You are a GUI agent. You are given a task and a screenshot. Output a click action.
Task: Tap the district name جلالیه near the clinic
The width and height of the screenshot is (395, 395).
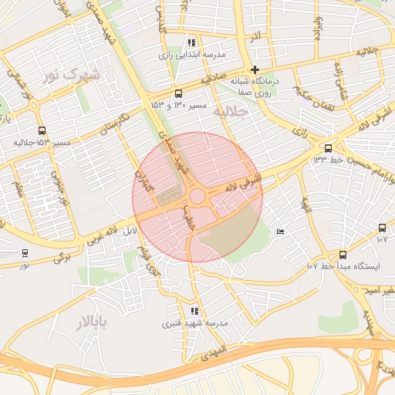pyautogui.click(x=232, y=113)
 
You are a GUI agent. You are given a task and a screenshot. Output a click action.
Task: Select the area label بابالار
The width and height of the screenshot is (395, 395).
pyautogui.click(x=92, y=320)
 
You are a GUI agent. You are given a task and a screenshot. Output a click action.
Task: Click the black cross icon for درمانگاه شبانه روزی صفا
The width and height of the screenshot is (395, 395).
pyautogui.click(x=255, y=69)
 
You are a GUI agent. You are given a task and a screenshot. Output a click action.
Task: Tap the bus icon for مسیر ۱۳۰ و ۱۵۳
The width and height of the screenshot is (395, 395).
pyautogui.click(x=179, y=93)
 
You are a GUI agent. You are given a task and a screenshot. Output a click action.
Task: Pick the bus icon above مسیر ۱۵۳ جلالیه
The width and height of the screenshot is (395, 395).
pyautogui.click(x=41, y=131)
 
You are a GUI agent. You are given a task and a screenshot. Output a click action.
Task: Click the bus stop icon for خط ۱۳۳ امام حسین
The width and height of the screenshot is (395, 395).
pyautogui.click(x=328, y=148)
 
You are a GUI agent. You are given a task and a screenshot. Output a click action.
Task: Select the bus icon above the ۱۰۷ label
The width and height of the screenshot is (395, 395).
pyautogui.click(x=382, y=228)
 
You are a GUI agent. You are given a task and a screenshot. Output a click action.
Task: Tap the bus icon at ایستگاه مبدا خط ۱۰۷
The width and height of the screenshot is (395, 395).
pyautogui.click(x=343, y=255)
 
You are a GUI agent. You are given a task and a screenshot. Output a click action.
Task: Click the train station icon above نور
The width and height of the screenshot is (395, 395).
pyautogui.click(x=25, y=252)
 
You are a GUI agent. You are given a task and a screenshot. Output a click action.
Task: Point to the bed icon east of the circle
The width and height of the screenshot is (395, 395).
pyautogui.click(x=280, y=231)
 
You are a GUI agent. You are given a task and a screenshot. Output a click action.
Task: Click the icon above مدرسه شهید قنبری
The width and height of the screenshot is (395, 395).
pyautogui.click(x=194, y=311)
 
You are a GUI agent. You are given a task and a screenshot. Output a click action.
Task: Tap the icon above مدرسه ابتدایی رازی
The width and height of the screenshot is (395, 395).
pyautogui.click(x=191, y=42)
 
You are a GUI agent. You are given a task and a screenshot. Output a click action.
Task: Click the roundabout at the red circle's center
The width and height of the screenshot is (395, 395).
pyautogui.click(x=197, y=197)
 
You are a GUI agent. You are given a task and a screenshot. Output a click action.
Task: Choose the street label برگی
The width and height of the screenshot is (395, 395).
pyautogui.click(x=62, y=255)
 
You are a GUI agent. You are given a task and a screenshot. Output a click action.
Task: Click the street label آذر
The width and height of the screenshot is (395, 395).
pyautogui.click(x=252, y=36)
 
